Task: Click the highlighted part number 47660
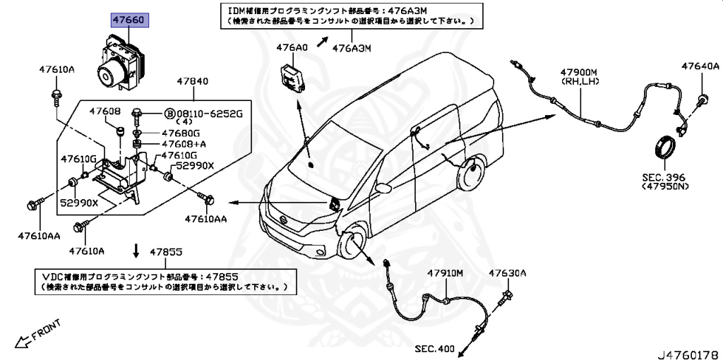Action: [x=129, y=20]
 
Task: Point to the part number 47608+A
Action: [x=184, y=145]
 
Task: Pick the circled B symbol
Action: [x=169, y=114]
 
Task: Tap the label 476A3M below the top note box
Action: [x=352, y=48]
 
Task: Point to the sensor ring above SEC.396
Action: [x=665, y=148]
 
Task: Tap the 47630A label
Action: [x=508, y=273]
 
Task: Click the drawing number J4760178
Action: [x=689, y=355]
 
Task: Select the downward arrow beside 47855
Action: [x=136, y=251]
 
